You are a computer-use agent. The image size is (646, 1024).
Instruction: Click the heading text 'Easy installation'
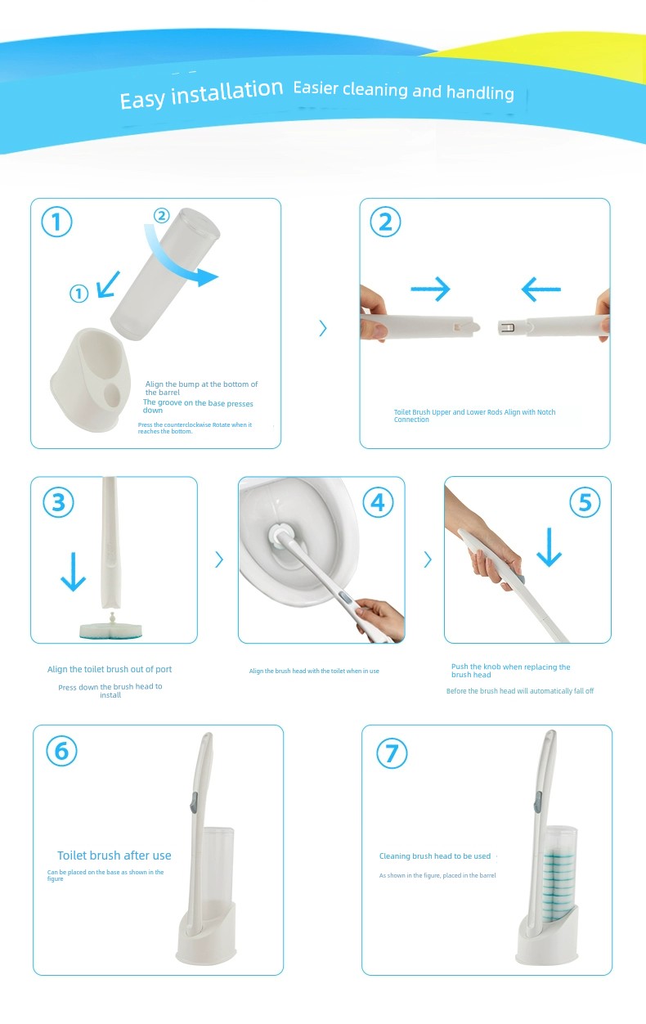coord(201,94)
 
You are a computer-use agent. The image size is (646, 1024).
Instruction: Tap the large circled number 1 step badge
coord(56,222)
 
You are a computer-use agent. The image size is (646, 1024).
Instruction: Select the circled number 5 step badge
coord(585,502)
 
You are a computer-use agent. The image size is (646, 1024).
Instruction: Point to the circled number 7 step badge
coord(392,753)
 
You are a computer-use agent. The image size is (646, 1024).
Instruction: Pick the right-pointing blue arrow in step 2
coord(430,289)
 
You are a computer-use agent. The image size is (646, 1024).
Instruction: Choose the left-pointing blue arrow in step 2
coord(541,289)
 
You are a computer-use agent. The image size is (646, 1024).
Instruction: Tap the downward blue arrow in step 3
coord(73,572)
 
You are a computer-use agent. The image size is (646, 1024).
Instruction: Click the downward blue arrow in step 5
coord(549,547)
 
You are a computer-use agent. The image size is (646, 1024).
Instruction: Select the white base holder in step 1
coord(91,380)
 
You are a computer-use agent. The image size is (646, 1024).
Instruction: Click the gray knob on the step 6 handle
coord(194,803)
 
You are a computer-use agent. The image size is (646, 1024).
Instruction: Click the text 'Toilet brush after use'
coord(114,856)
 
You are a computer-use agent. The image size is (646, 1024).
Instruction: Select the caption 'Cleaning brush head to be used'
coord(435,856)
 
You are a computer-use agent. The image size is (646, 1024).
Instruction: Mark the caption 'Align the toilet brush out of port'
coord(110,669)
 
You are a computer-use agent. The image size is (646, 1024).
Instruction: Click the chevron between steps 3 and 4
coord(219,559)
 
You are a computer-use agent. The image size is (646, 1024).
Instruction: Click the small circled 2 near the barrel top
coord(161,215)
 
